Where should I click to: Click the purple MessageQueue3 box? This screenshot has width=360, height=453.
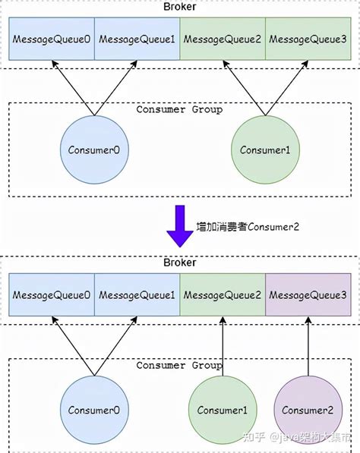click(308, 294)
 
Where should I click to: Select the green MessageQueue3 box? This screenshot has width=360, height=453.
click(308, 39)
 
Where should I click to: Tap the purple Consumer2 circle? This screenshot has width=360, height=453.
click(308, 410)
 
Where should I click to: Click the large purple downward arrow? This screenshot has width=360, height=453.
click(180, 225)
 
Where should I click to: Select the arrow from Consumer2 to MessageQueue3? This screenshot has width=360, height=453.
click(308, 345)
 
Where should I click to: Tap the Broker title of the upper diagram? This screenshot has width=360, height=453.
click(180, 7)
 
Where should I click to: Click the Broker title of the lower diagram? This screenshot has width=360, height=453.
click(180, 263)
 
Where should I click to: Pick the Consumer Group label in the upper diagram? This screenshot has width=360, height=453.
click(179, 109)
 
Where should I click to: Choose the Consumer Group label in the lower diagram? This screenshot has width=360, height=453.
click(179, 365)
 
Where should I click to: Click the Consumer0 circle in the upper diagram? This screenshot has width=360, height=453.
click(94, 150)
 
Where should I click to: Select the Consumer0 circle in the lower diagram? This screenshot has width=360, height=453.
click(94, 410)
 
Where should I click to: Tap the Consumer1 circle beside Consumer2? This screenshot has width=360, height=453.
click(223, 410)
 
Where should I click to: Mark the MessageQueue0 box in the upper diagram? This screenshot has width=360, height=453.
click(51, 39)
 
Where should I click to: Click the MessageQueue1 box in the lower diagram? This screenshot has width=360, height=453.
click(137, 294)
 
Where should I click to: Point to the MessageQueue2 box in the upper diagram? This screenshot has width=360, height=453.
click(223, 39)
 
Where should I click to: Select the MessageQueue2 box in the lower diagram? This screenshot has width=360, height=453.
click(223, 294)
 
